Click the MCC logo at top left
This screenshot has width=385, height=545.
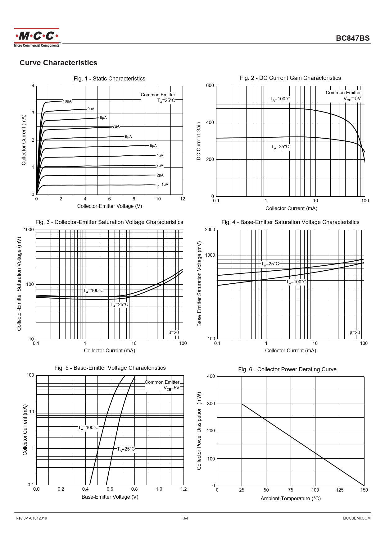37,37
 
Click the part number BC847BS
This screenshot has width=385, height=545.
353,38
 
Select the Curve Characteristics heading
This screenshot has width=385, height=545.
58,63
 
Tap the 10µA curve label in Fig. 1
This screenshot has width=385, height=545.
67,101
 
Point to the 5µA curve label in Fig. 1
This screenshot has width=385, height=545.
153,146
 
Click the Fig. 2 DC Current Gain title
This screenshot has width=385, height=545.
290,78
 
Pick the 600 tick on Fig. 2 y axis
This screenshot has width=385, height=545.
210,86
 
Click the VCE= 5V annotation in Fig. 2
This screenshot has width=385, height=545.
352,99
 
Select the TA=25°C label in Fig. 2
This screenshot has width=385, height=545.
280,147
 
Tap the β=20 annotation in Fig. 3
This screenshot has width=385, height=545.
174,332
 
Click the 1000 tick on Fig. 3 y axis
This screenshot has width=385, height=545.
29,230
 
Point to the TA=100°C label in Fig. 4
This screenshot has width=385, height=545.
296,282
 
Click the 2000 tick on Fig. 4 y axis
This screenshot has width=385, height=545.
210,230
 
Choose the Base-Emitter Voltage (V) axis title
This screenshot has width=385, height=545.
110,497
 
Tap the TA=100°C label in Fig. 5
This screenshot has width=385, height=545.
88,428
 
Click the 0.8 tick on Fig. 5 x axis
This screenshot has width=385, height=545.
134,489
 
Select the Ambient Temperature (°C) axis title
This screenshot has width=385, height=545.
291,498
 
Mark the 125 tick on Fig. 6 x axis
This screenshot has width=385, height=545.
340,490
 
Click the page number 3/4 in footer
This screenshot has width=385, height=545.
185,518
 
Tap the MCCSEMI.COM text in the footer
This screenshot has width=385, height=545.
356,518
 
